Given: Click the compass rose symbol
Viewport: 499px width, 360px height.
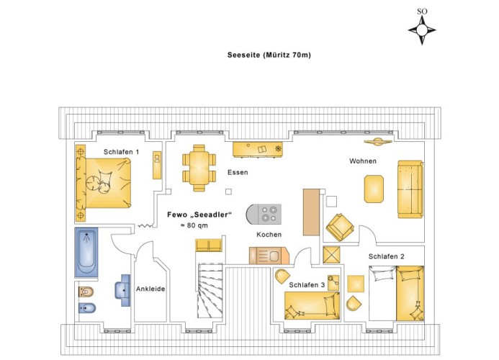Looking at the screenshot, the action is (x=422, y=30).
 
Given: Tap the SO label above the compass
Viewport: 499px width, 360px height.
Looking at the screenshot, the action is (x=422, y=12).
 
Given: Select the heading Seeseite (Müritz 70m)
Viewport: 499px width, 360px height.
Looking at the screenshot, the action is (x=269, y=55).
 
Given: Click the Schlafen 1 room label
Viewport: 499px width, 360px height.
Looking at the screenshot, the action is (x=121, y=152).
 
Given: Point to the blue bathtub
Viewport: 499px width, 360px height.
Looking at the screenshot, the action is (x=86, y=252).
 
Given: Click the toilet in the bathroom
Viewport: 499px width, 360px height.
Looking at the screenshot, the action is (x=86, y=292).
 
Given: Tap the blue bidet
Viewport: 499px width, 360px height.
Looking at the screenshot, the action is (x=87, y=307).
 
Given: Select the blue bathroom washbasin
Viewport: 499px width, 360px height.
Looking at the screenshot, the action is (x=123, y=290).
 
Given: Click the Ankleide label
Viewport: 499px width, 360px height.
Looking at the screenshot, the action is (x=150, y=289).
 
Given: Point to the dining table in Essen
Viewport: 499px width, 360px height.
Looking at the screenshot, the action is (x=199, y=168).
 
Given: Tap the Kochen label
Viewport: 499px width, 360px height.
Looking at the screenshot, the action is (x=269, y=235).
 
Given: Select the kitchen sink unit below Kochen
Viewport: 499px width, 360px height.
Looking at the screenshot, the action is (x=269, y=256).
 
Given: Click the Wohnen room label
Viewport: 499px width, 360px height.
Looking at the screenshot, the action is (x=363, y=161).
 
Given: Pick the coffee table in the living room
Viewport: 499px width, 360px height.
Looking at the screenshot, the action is (x=374, y=189).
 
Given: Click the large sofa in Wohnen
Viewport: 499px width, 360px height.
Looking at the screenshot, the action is (x=410, y=189).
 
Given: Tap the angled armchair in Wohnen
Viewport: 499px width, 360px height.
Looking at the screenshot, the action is (x=340, y=227).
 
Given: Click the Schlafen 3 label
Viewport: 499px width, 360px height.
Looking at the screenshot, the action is (x=307, y=285).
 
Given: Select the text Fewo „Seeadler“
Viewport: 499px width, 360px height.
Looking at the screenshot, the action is (x=199, y=215).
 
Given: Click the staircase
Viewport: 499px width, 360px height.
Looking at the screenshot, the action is (x=210, y=290).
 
